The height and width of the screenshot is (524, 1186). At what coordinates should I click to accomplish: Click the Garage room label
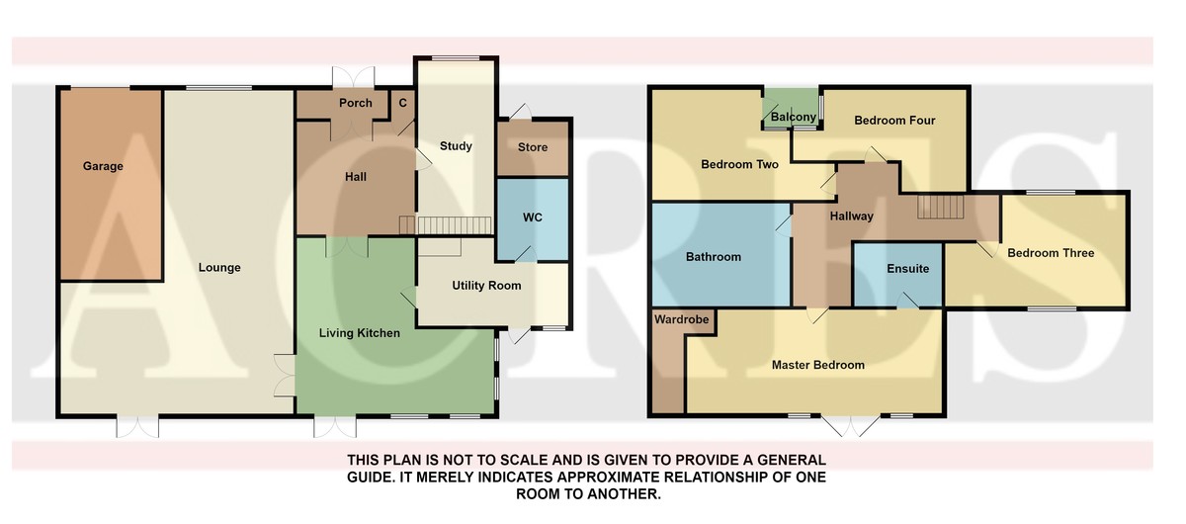103,166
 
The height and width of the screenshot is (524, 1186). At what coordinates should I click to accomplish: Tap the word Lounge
219,268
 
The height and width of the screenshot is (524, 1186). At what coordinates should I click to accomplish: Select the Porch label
355,103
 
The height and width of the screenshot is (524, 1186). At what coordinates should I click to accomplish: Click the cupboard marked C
403,104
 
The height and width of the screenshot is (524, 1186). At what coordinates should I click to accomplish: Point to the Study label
456,146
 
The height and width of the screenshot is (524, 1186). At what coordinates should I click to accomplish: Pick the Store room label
533,147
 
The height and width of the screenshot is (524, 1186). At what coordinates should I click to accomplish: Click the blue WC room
532,219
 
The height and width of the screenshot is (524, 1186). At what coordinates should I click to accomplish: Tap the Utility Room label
486,286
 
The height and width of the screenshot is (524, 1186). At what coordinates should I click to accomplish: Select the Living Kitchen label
360,333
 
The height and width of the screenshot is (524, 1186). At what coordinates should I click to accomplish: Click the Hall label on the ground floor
355,177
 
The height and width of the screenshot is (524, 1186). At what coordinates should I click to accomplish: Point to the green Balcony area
792,109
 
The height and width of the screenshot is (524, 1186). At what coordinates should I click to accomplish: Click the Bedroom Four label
894,121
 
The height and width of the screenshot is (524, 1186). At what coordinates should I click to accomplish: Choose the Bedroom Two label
739,164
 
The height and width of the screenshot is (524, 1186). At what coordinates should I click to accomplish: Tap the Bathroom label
714,257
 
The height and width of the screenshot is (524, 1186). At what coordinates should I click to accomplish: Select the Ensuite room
898,275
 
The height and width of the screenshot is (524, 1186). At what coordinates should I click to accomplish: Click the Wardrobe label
681,319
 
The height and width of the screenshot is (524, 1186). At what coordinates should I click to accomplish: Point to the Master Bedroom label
818,365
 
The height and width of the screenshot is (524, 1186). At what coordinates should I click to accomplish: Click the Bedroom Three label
1051,253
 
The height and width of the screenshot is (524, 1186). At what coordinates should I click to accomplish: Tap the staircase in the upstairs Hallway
940,207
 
